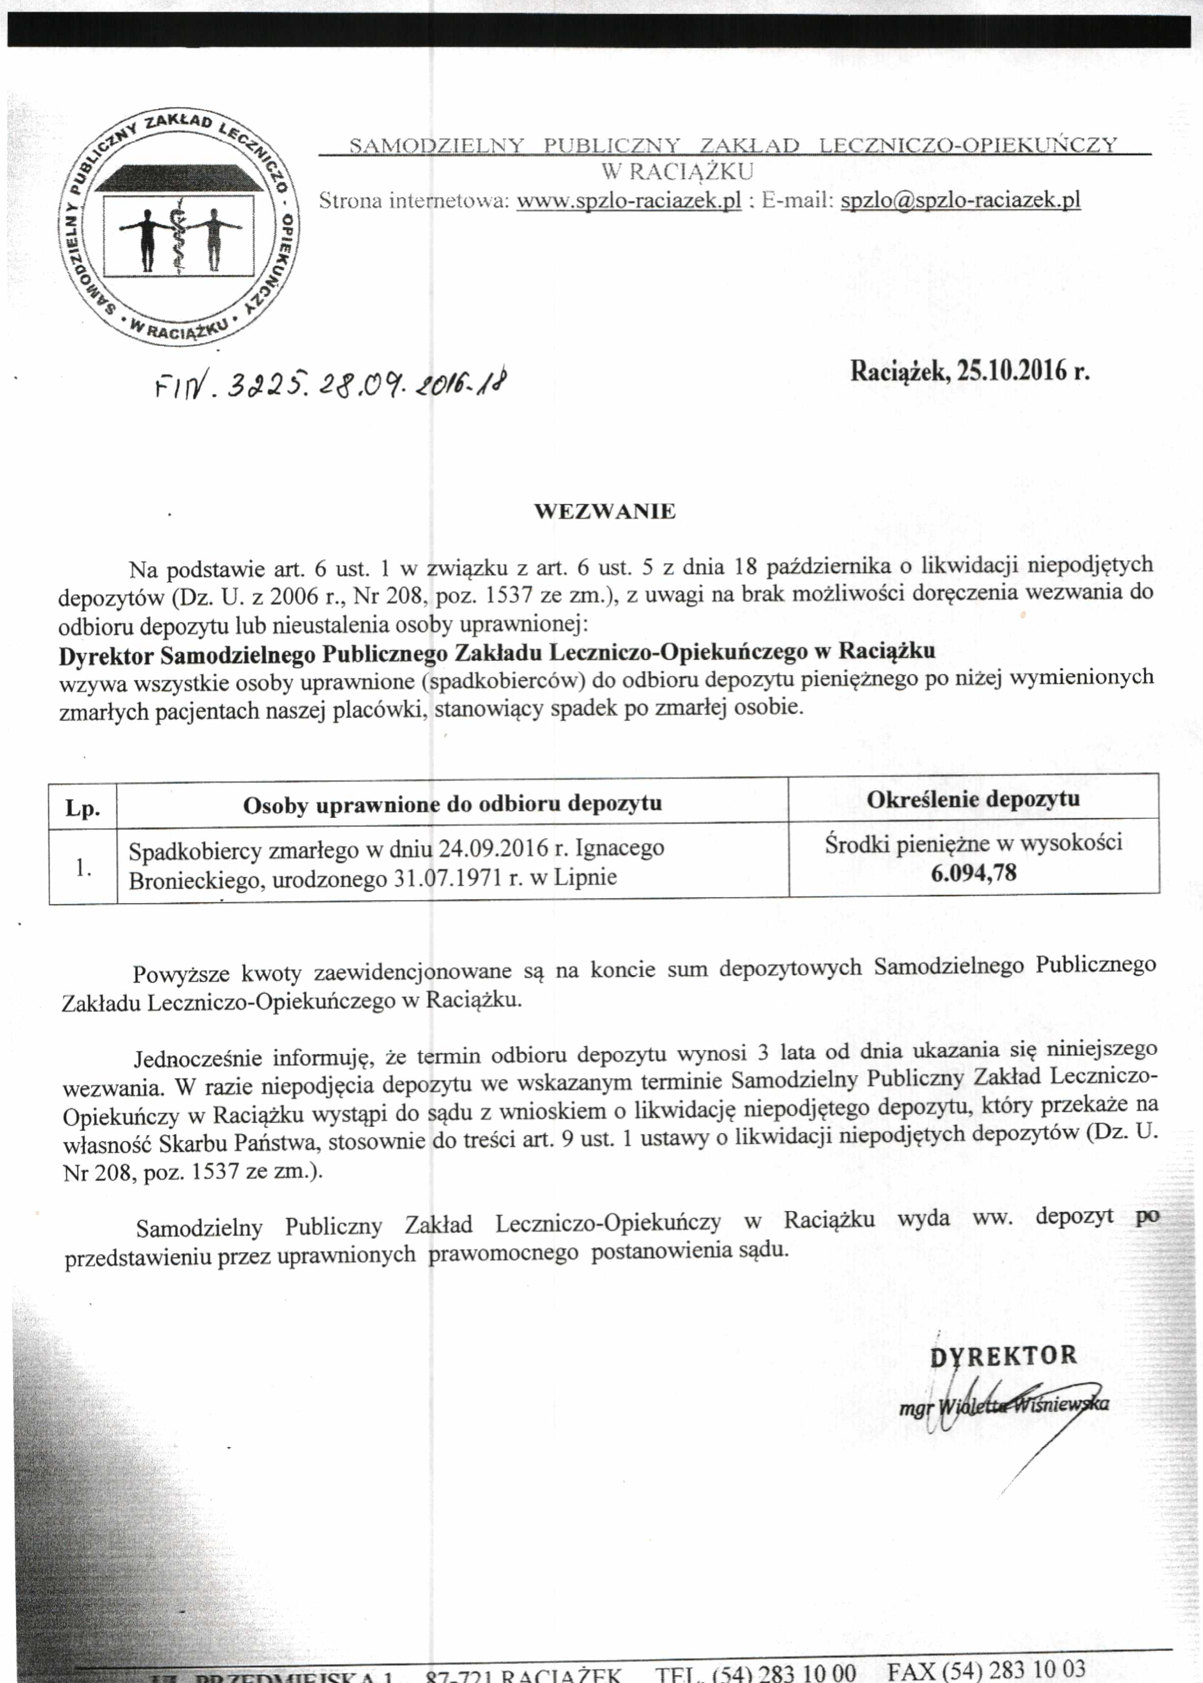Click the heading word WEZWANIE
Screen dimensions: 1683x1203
(604, 512)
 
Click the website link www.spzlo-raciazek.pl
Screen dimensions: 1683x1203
(628, 201)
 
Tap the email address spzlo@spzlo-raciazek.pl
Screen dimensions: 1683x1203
(960, 200)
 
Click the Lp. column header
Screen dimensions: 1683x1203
(82, 808)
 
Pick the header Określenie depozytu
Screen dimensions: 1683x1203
(973, 799)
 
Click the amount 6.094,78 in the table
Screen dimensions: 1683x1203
(974, 872)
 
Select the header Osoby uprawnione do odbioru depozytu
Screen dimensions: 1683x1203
(452, 805)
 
